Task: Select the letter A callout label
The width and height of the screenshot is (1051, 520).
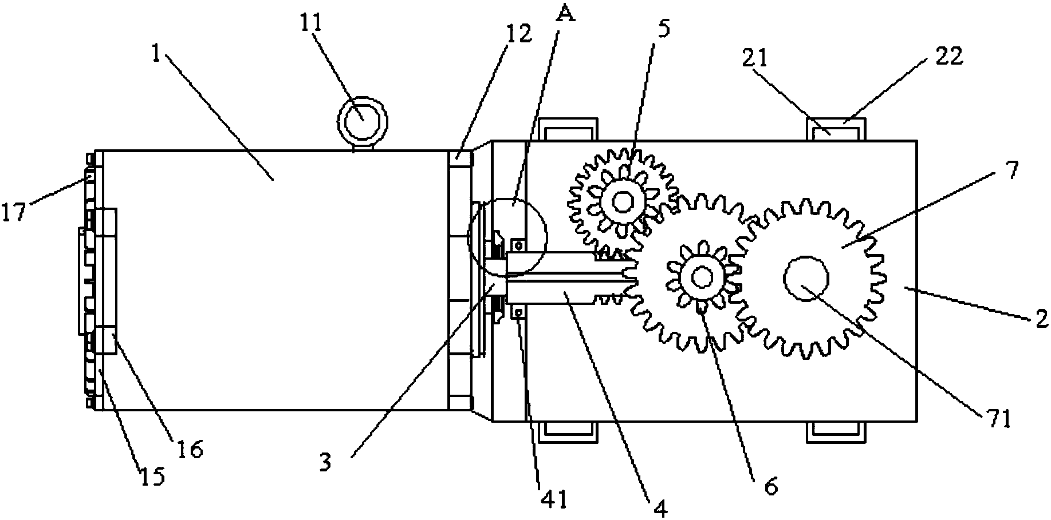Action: pos(565,13)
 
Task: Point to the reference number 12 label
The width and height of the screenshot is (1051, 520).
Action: pos(519,34)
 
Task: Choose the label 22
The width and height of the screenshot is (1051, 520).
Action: pos(948,55)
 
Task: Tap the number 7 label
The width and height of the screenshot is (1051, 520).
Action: pos(1009,169)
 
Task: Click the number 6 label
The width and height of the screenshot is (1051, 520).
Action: pos(770,486)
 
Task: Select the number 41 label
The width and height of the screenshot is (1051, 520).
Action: pos(554,499)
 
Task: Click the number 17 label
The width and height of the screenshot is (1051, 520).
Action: pos(14,212)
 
